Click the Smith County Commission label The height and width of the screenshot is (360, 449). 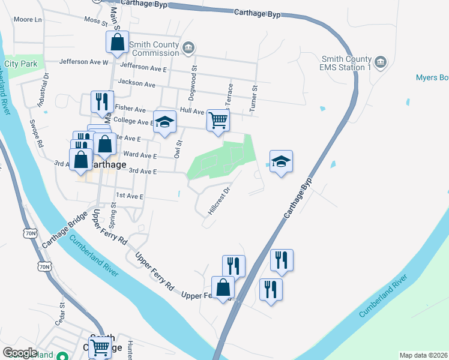[x=155, y=49]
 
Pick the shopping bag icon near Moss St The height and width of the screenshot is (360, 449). [x=118, y=42]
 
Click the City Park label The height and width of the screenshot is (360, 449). [x=21, y=64]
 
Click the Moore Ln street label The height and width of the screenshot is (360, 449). [x=28, y=20]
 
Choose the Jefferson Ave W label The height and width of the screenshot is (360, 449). [x=83, y=62]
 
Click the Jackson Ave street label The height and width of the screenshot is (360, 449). [x=137, y=82]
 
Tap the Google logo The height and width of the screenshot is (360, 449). [x=20, y=353]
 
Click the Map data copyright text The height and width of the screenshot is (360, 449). [x=423, y=355]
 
